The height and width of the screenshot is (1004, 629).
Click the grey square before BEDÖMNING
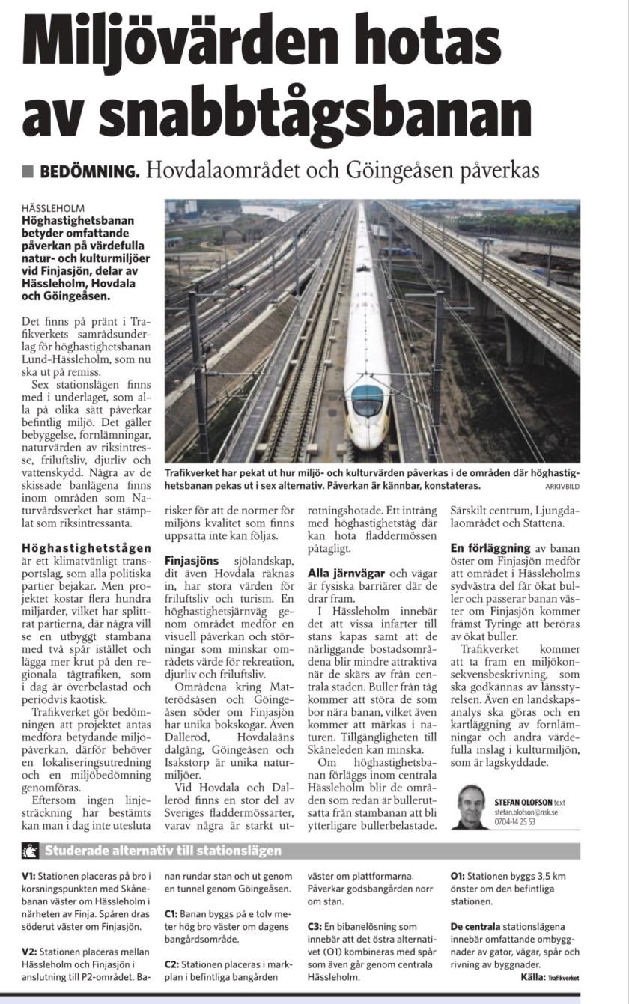(x=28, y=171)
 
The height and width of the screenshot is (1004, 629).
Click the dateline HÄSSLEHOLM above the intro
(x=54, y=207)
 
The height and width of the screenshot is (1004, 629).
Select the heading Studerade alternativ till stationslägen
(x=163, y=850)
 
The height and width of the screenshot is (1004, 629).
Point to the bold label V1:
(x=29, y=875)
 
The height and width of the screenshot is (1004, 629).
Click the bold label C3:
(x=315, y=925)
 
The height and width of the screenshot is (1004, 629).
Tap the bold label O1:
(x=458, y=875)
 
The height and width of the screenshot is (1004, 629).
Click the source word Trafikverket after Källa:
(x=563, y=977)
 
